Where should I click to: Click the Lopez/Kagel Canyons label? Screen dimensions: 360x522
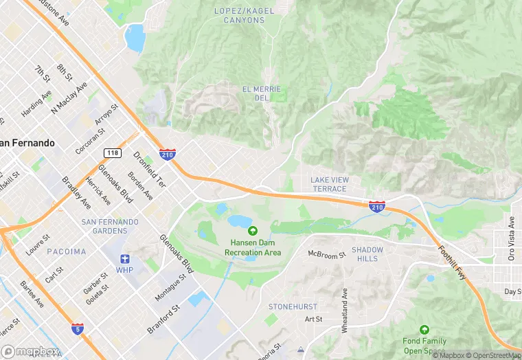coord(239,15)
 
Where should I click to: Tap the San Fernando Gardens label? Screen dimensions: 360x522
coord(110,226)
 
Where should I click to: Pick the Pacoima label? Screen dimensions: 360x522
coord(67,252)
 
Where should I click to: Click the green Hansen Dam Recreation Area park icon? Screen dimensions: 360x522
coord(253,232)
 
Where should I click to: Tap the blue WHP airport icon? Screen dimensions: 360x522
coord(124,259)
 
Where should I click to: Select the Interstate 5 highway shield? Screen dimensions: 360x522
coord(78,330)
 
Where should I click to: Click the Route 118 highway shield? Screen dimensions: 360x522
coord(112,153)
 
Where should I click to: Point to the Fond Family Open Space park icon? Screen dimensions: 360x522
coord(424,330)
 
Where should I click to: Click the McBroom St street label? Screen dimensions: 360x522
coord(326,255)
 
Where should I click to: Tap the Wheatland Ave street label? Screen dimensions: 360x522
coord(345,310)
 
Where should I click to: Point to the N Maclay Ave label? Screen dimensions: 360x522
coord(71,98)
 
